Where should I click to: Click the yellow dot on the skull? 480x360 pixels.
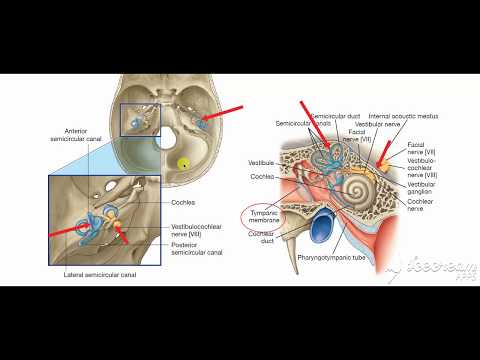(x=182, y=162)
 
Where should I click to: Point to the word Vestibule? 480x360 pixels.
(x=262, y=159)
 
